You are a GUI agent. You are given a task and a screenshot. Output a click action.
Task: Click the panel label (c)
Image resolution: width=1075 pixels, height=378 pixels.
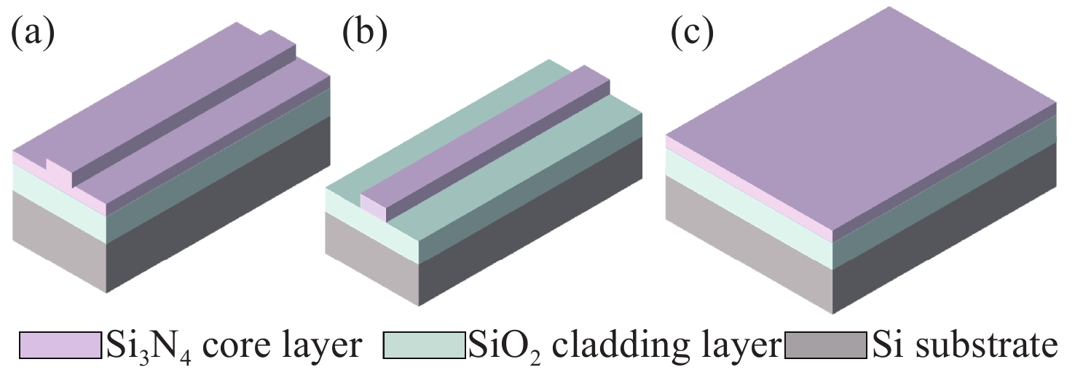(x=693, y=34)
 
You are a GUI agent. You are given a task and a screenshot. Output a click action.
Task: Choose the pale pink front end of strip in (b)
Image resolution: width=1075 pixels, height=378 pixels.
(x=373, y=209)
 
